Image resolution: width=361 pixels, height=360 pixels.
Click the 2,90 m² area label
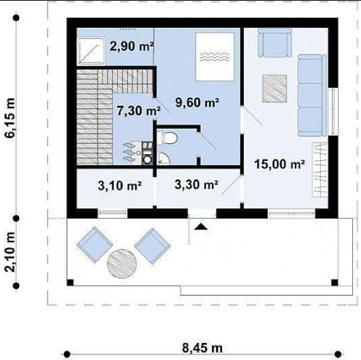(x=132, y=46)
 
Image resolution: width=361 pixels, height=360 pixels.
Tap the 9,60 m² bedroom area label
(x=197, y=102)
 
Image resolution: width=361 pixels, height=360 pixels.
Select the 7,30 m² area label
(x=138, y=110)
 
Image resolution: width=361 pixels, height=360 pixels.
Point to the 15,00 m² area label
(x=280, y=164)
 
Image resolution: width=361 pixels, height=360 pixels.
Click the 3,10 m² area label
(x=119, y=185)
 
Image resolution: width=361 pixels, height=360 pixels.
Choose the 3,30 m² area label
(x=196, y=184)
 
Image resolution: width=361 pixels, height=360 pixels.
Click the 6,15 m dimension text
(x=10, y=118)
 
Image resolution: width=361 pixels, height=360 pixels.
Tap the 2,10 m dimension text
(x=10, y=252)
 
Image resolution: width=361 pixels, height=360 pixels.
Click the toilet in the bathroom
(x=168, y=138)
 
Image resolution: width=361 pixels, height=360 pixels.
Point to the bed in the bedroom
(x=215, y=57)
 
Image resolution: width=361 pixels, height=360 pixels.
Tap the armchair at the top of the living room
(x=274, y=43)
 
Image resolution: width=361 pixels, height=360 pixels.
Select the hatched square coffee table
(x=274, y=88)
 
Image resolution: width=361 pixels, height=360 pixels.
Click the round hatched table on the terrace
(x=122, y=264)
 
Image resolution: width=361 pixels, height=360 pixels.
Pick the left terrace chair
(x=95, y=245)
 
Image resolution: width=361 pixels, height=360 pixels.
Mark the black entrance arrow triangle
(x=201, y=227)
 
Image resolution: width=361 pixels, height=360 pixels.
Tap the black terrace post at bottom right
(x=334, y=282)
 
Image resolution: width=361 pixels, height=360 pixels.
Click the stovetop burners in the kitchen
(x=147, y=146)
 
